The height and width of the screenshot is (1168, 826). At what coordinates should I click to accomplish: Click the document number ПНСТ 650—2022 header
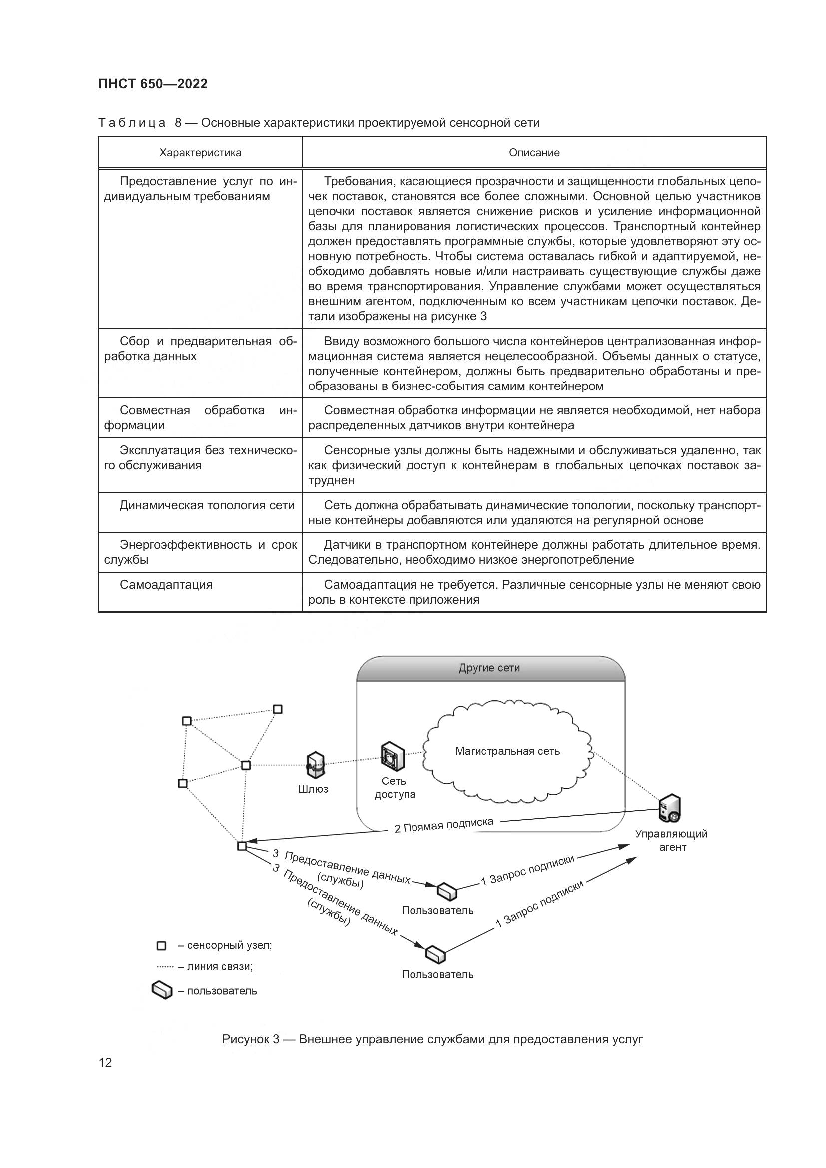pyautogui.click(x=153, y=84)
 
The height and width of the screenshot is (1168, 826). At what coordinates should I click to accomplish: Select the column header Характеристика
pyautogui.click(x=200, y=153)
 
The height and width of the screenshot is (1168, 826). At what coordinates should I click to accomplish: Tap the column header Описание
pyautogui.click(x=534, y=153)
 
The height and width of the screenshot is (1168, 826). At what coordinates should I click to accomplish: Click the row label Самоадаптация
pyautogui.click(x=166, y=585)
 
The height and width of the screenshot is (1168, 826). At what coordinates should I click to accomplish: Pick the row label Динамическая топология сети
pyautogui.click(x=207, y=505)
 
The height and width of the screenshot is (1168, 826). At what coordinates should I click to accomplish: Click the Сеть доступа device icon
pyautogui.click(x=393, y=757)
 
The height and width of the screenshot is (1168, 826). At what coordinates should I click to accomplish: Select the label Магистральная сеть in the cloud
pyautogui.click(x=507, y=751)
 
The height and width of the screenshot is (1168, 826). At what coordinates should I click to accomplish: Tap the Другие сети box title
pyautogui.click(x=489, y=668)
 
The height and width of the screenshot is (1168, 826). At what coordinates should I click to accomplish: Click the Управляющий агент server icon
pyautogui.click(x=669, y=809)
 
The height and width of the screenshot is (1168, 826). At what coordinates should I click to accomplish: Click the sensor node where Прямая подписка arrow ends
pyautogui.click(x=242, y=846)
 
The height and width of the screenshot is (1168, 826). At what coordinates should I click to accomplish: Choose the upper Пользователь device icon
pyautogui.click(x=447, y=891)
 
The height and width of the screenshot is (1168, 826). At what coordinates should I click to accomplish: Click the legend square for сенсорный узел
pyautogui.click(x=161, y=946)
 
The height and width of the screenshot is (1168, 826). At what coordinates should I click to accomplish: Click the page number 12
pyautogui.click(x=105, y=1063)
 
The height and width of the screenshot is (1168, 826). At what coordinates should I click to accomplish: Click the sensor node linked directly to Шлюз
pyautogui.click(x=246, y=765)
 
